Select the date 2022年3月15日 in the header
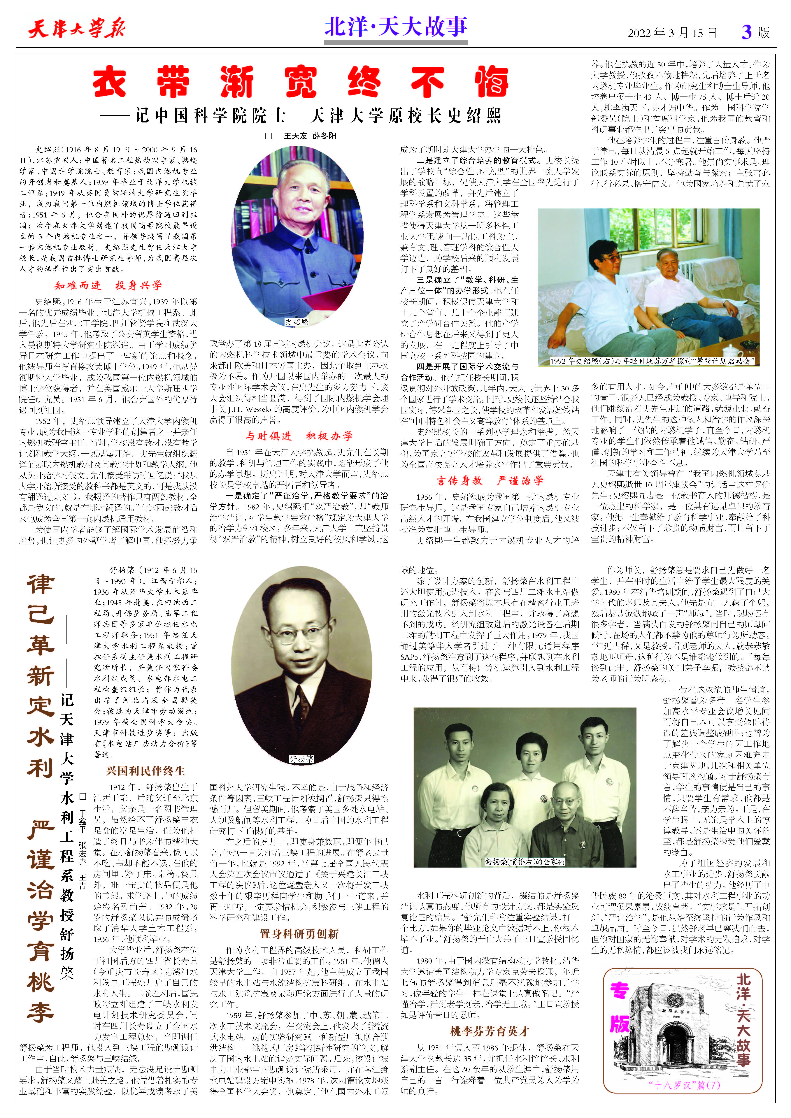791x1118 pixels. pos(672,33)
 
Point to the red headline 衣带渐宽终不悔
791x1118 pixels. pos(301,82)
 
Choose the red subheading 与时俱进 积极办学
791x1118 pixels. pos(299,436)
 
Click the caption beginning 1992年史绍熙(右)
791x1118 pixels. pos(652,361)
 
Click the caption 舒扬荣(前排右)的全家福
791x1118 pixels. pos(525,861)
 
